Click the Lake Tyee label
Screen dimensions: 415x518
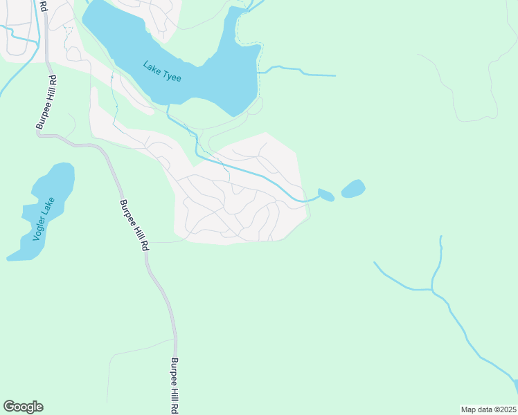[162, 72]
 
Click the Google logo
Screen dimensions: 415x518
[23, 407]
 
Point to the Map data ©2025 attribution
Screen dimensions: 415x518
[488, 409]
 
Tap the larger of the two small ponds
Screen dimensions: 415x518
[352, 188]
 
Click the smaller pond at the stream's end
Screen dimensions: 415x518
[326, 194]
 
